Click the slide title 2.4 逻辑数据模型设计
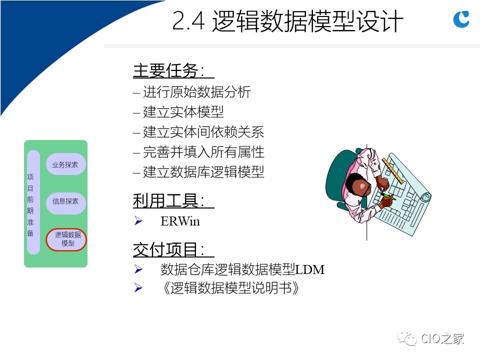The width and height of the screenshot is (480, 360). pos(287,21)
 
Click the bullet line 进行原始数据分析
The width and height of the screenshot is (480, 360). pos(192,92)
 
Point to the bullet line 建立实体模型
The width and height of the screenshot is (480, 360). pos(178,112)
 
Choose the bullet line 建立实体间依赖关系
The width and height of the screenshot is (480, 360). pos(198,132)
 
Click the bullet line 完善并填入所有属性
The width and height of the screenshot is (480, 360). pos(198,152)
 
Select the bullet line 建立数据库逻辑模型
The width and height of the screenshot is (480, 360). pos(198,172)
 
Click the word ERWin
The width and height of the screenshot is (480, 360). pos(180,221)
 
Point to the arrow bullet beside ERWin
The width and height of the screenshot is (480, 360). pos(138,220)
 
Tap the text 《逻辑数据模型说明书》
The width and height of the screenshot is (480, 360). pos(230,288)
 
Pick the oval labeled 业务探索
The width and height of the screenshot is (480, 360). pos(66,164)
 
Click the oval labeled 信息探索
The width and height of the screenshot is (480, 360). pos(66,201)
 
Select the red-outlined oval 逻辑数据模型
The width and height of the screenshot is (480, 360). pos(66,239)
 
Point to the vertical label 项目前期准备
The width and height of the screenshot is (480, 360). pos(30,205)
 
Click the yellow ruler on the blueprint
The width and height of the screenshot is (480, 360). pos(393,171)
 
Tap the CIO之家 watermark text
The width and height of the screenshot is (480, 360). pos(442,338)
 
